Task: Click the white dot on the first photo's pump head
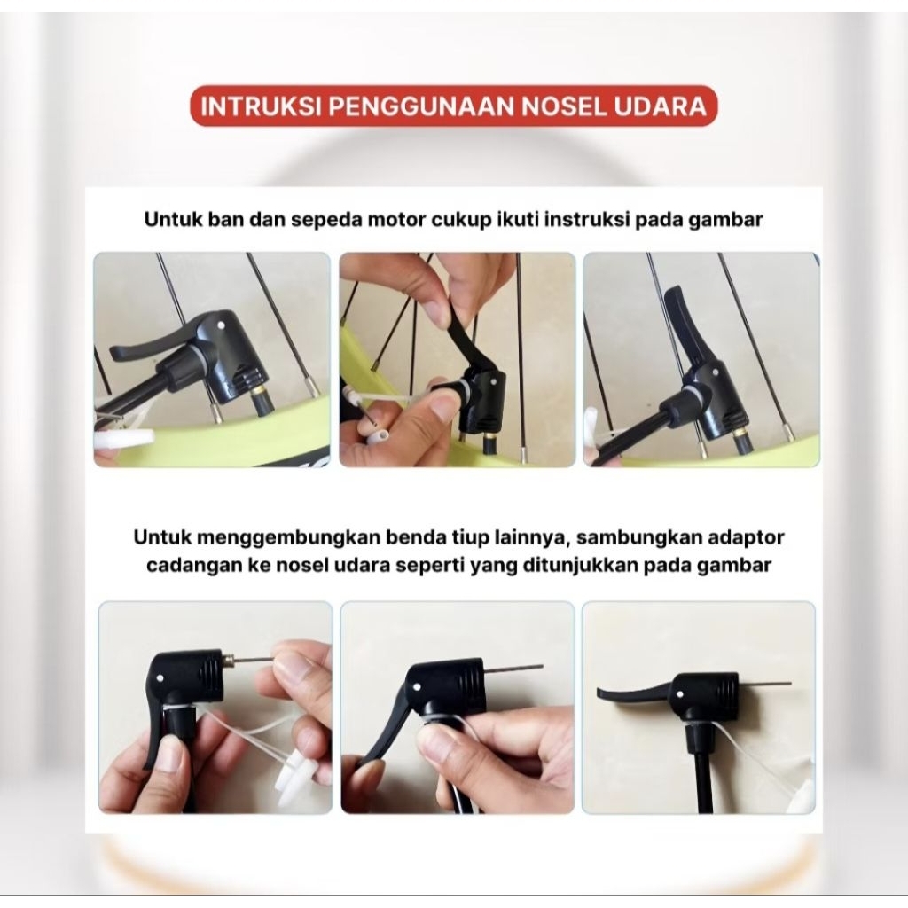coord(222,325)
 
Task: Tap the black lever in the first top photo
coord(147,346)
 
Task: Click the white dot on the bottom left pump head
coord(160,677)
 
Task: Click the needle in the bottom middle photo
coord(513,669)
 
